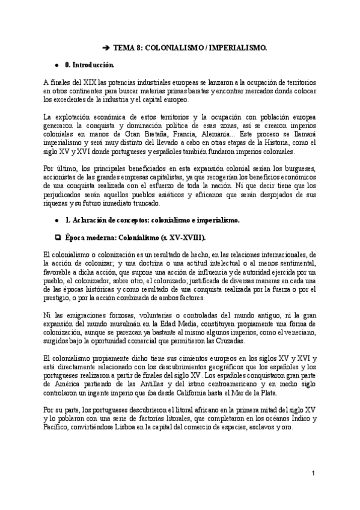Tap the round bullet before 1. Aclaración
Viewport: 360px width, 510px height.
coord(56,221)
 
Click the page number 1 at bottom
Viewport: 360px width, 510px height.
coord(313,475)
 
